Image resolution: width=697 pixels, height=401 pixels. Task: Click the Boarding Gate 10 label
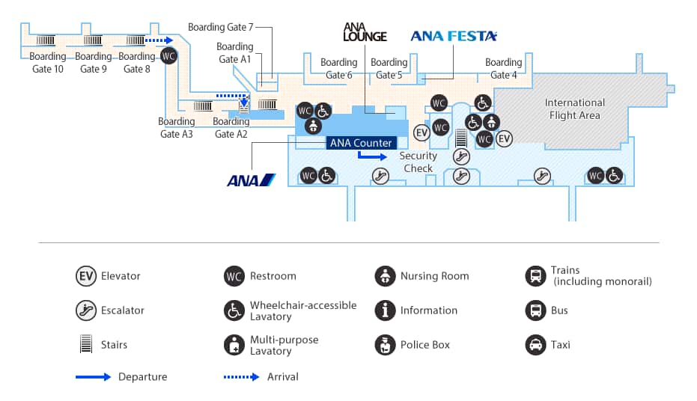click(x=48, y=63)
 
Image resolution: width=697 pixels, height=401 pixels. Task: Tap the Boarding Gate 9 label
click(x=94, y=63)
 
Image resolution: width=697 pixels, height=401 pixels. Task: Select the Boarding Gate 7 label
click(x=216, y=28)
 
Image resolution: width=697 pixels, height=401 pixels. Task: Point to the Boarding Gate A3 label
click(x=177, y=128)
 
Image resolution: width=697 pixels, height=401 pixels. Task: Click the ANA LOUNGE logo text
click(x=365, y=32)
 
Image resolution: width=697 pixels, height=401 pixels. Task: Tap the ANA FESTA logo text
click(x=454, y=36)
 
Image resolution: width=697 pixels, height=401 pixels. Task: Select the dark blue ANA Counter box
click(x=359, y=143)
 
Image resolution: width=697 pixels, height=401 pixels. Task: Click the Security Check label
click(x=418, y=162)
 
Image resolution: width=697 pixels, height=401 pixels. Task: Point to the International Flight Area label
click(x=574, y=109)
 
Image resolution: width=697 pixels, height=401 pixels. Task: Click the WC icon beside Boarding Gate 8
click(x=169, y=55)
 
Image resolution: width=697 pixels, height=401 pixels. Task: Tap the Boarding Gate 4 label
click(x=503, y=69)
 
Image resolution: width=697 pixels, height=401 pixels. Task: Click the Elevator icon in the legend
click(x=86, y=276)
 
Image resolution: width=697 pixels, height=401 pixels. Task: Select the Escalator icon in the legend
click(x=86, y=310)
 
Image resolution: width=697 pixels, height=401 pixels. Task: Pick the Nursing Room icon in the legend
click(x=385, y=276)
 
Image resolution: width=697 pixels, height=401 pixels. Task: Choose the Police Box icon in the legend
click(x=385, y=345)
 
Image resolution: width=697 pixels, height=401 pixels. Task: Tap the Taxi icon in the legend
click(x=535, y=345)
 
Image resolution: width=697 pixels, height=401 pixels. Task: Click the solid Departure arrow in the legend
click(x=94, y=377)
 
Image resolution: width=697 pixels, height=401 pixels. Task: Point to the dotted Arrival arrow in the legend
click(x=242, y=377)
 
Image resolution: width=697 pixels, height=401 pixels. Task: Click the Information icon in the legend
click(x=385, y=310)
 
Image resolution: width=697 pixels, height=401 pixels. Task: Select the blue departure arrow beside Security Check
click(x=372, y=156)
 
